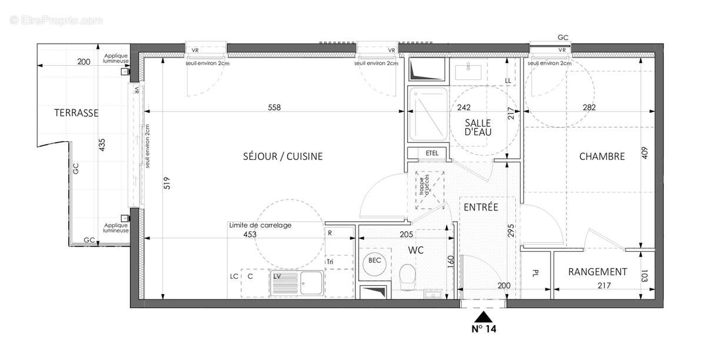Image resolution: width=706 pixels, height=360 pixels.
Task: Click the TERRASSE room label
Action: pos(76,113)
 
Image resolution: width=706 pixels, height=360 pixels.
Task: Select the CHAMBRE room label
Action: pos(601,156)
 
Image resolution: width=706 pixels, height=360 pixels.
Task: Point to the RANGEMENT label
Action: pos(597,272)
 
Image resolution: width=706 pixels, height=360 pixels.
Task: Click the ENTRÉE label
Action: pos(481,207)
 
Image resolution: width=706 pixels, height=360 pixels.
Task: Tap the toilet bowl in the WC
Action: pos(407,276)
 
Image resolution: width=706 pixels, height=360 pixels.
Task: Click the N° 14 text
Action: pos(484,329)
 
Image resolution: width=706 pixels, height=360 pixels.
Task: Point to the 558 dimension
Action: pos(275,108)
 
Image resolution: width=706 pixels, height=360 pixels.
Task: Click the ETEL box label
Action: pos(432,153)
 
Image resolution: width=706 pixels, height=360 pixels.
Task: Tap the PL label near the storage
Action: pos(535,273)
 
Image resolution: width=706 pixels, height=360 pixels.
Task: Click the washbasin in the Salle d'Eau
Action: pos(469,71)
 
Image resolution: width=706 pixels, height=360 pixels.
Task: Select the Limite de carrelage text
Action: pos(260,225)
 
